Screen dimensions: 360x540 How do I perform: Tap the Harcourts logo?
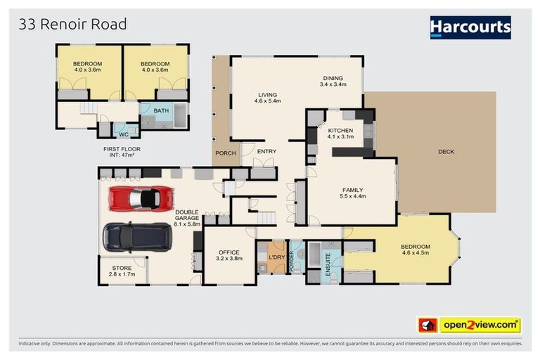click(x=470, y=27)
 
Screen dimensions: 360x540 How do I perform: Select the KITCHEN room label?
click(x=340, y=131)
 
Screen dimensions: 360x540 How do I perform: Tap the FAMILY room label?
click(x=352, y=190)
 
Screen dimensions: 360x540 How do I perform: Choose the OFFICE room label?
click(x=229, y=252)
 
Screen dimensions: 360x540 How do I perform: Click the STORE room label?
click(x=122, y=268)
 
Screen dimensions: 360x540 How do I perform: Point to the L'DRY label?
click(x=274, y=258)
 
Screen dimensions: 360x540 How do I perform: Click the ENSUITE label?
click(x=327, y=262)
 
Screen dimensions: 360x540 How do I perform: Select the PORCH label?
click(x=225, y=154)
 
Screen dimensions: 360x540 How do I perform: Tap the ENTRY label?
click(x=266, y=152)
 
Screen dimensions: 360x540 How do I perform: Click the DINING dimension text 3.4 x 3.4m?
click(x=333, y=84)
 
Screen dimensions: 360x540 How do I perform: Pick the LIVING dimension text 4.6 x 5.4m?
click(x=267, y=101)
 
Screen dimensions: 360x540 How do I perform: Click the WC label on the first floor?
click(x=124, y=133)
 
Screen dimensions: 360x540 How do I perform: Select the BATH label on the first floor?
click(x=162, y=110)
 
